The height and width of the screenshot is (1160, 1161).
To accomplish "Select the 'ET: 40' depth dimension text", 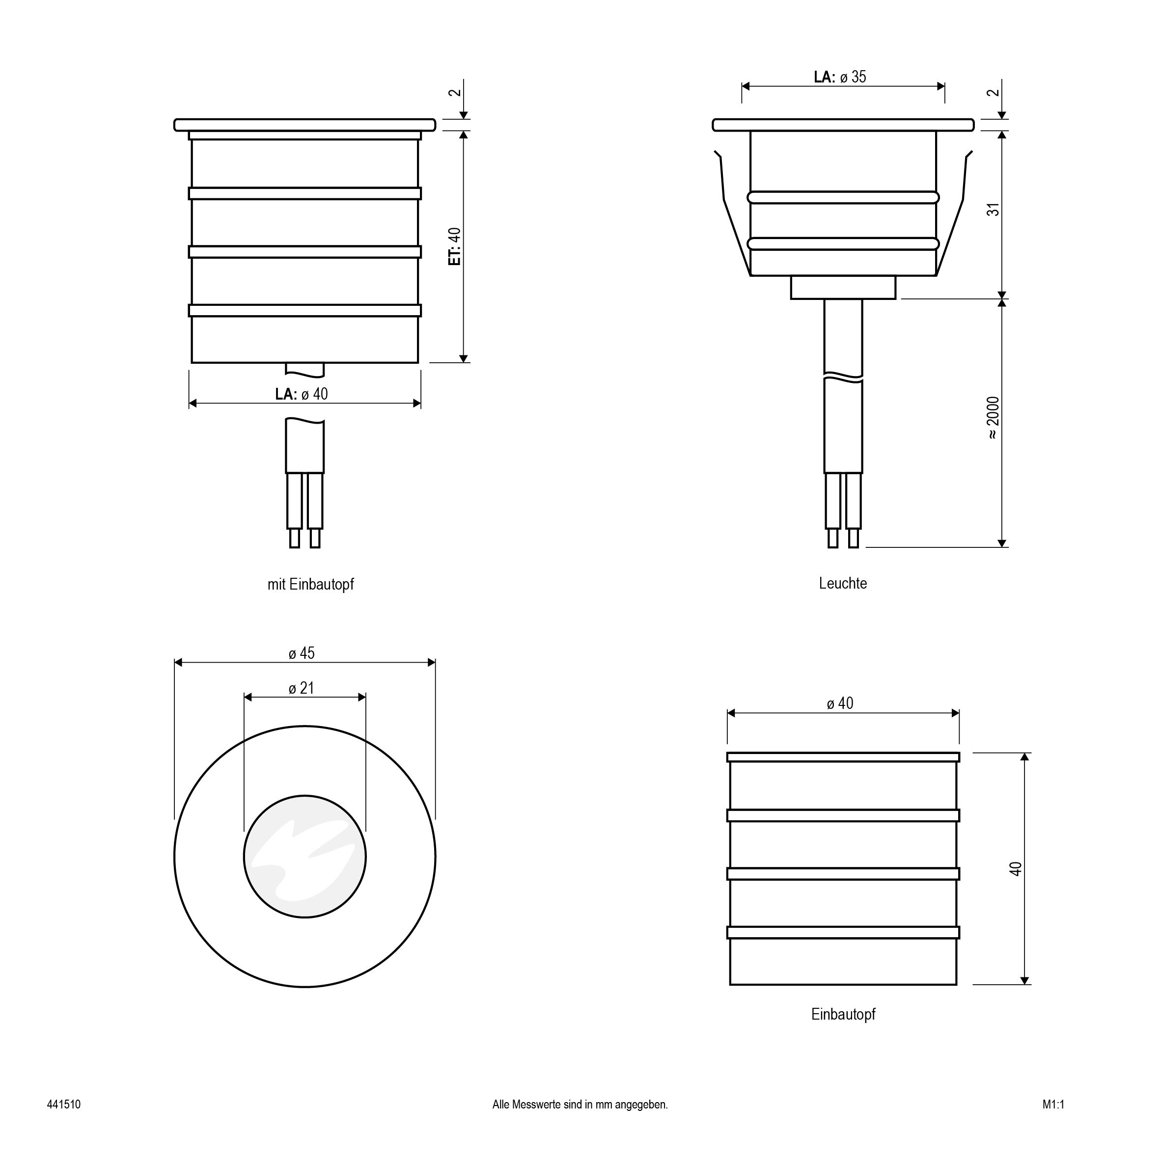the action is click(455, 246).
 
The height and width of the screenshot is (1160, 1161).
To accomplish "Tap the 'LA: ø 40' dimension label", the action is click(302, 394).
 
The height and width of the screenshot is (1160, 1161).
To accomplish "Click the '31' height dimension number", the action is click(994, 210).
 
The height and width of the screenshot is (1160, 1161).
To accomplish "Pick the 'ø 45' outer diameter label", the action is click(302, 653).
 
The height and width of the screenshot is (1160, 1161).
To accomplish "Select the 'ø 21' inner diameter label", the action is click(302, 688).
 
